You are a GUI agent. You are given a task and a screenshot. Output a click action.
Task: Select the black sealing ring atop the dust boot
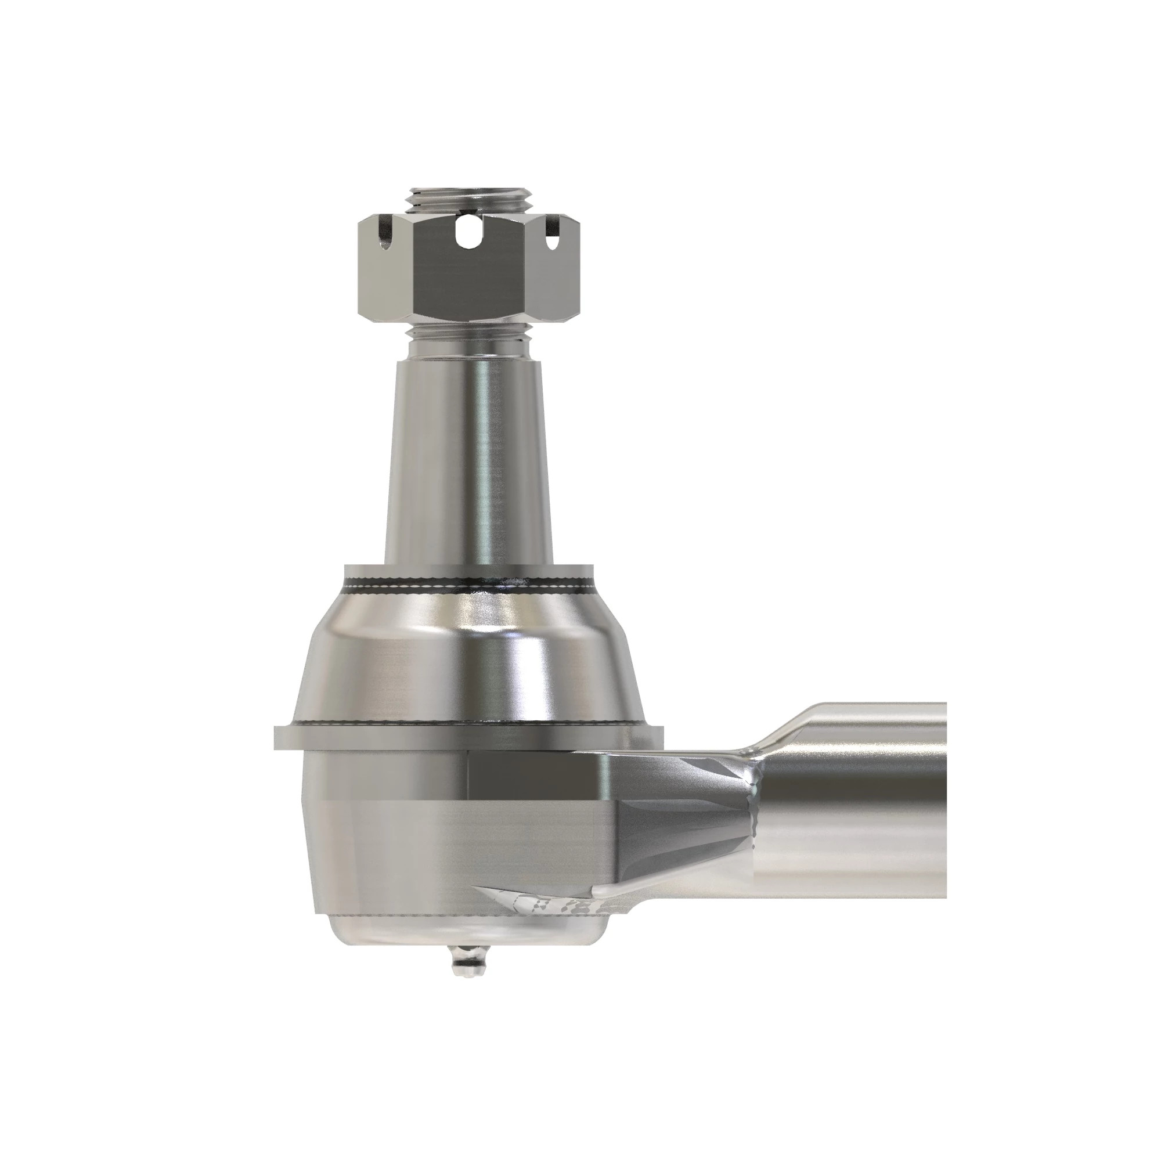coord(468,584)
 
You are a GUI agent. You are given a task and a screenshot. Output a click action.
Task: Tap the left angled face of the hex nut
coord(385,276)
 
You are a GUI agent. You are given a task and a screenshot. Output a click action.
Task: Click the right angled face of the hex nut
coord(556,276)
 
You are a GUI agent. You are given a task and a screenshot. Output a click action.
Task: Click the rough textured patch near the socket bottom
coord(553,920)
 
